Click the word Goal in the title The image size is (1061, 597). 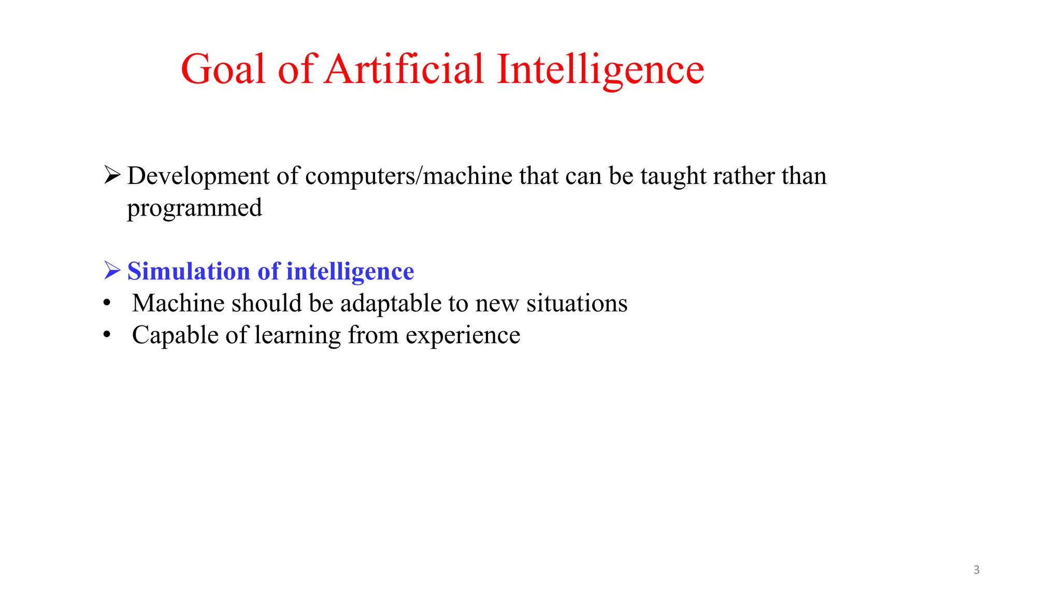(223, 69)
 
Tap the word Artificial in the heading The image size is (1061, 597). (404, 69)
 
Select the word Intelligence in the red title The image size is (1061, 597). (600, 70)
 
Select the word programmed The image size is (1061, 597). (194, 208)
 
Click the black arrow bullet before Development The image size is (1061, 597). (112, 175)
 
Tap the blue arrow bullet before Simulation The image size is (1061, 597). (112, 271)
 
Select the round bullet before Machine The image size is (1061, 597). (107, 304)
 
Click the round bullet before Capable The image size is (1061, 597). (107, 335)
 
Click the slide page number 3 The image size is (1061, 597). (977, 570)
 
